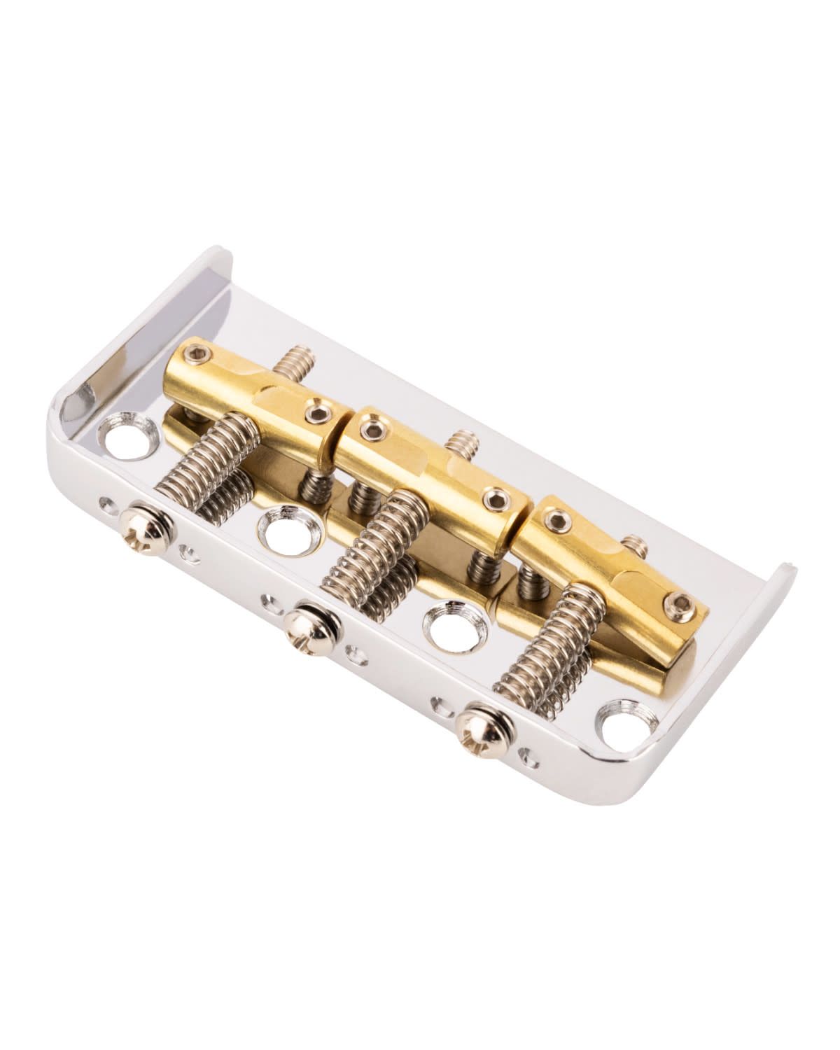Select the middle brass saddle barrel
(x=427, y=476)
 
